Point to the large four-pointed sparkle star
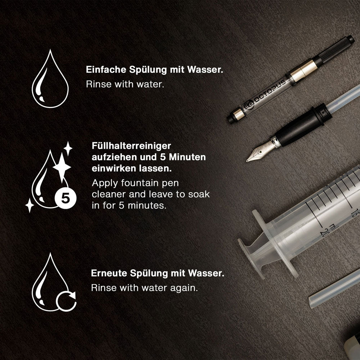pos(62,167)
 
